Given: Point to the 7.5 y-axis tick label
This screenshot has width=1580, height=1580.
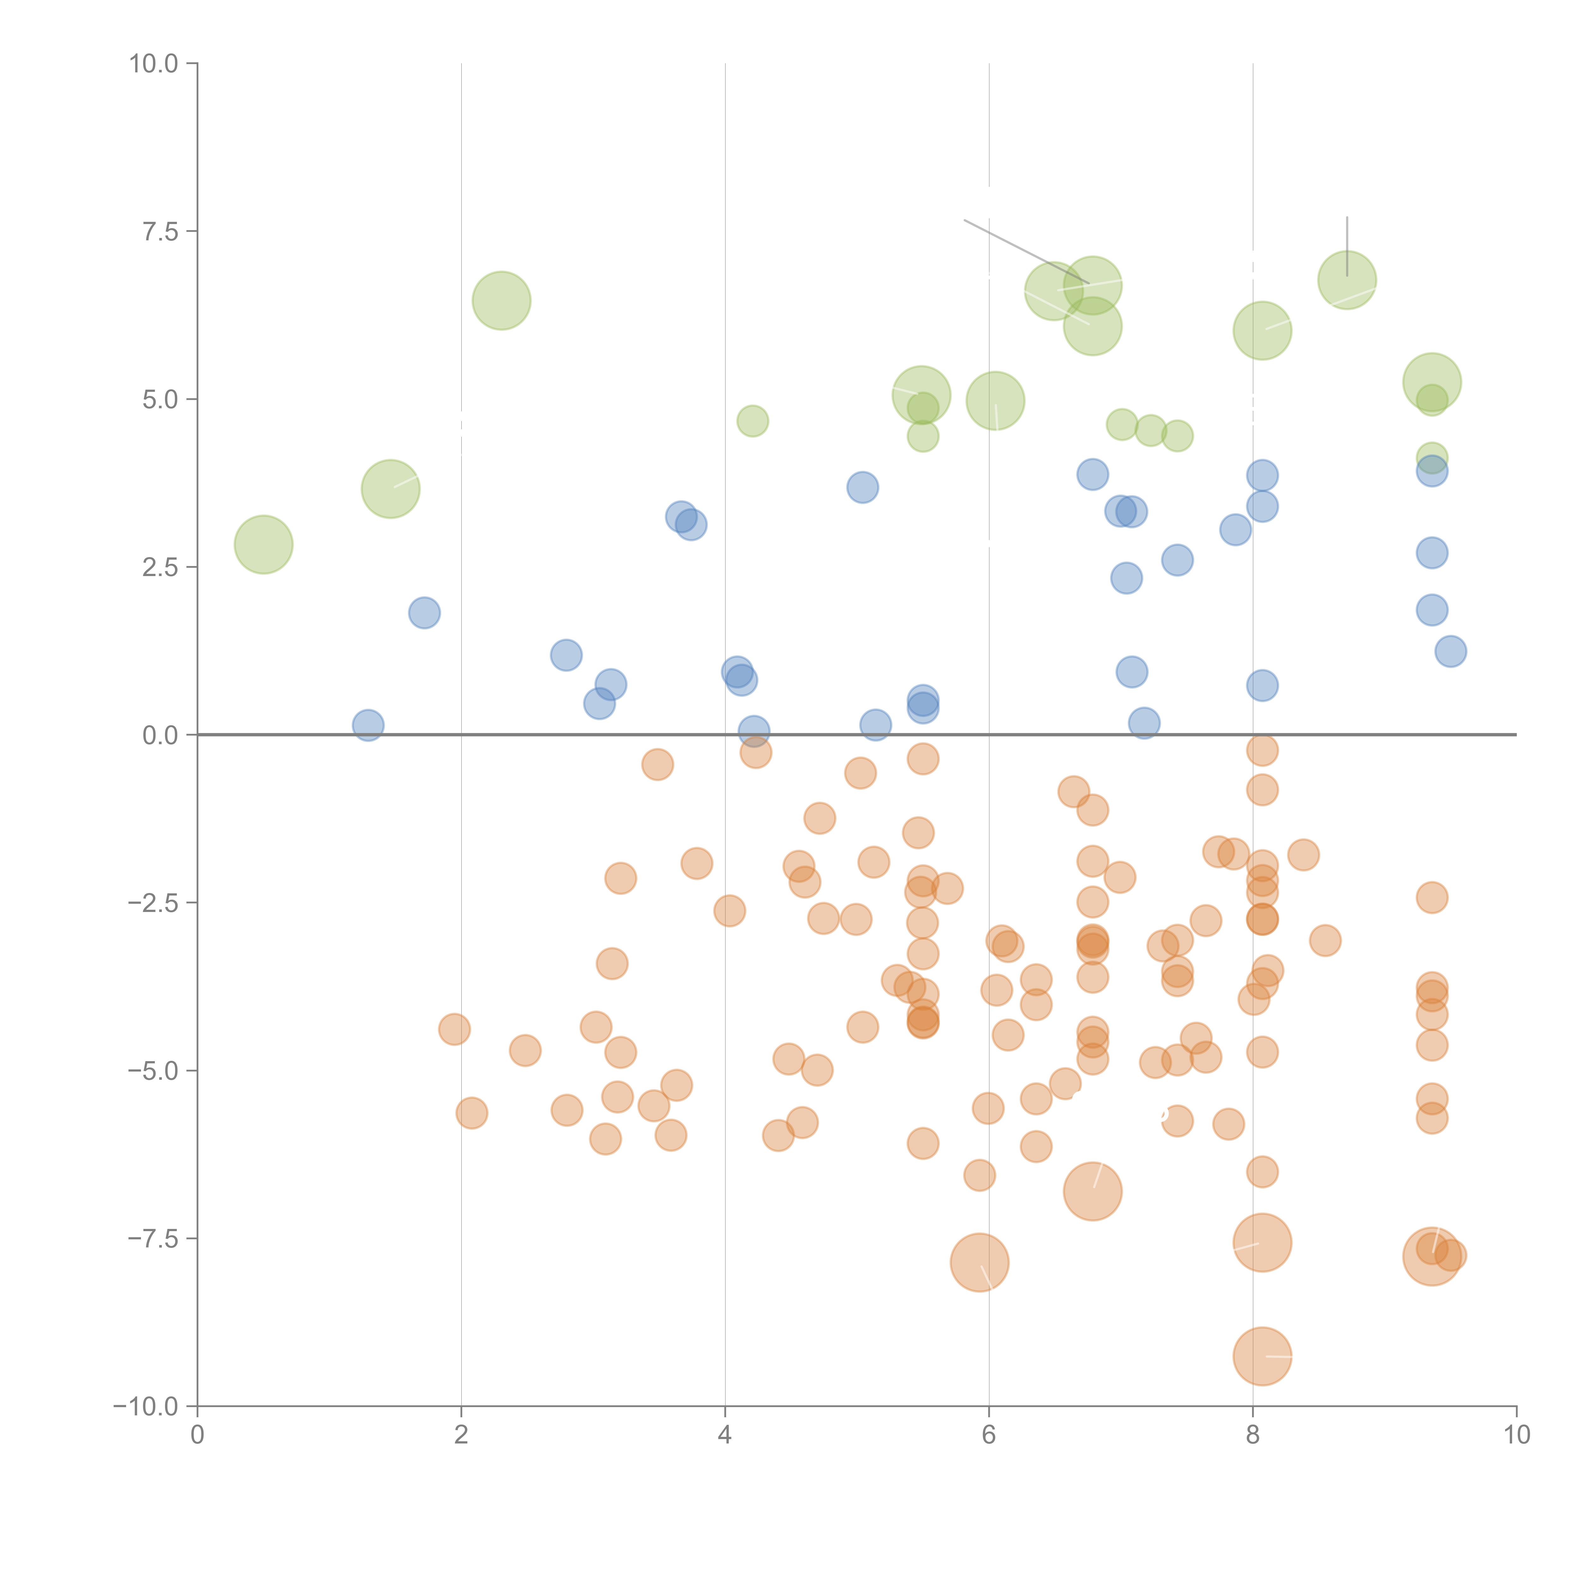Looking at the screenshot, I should click(x=160, y=231).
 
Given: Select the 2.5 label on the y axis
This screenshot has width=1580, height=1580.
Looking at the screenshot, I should click(x=160, y=568).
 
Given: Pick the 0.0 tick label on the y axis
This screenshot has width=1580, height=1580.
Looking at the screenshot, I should click(x=160, y=735).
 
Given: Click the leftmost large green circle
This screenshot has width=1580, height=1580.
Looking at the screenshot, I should click(x=263, y=545).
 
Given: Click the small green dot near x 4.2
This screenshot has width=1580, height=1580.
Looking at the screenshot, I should click(x=752, y=421).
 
